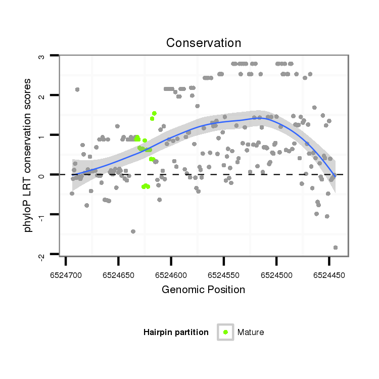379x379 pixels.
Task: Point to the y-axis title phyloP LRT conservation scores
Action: pyautogui.click(x=28, y=155)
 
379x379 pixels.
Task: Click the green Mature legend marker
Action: pyautogui.click(x=225, y=332)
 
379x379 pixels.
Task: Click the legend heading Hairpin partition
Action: pyautogui.click(x=176, y=333)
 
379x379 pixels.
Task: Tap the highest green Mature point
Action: pyautogui.click(x=154, y=113)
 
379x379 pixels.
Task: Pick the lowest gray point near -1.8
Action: pyautogui.click(x=336, y=248)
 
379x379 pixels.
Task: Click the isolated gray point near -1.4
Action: pyautogui.click(x=133, y=231)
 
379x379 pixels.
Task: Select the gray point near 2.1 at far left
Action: pyautogui.click(x=77, y=89)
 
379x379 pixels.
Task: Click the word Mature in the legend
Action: pyautogui.click(x=251, y=333)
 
